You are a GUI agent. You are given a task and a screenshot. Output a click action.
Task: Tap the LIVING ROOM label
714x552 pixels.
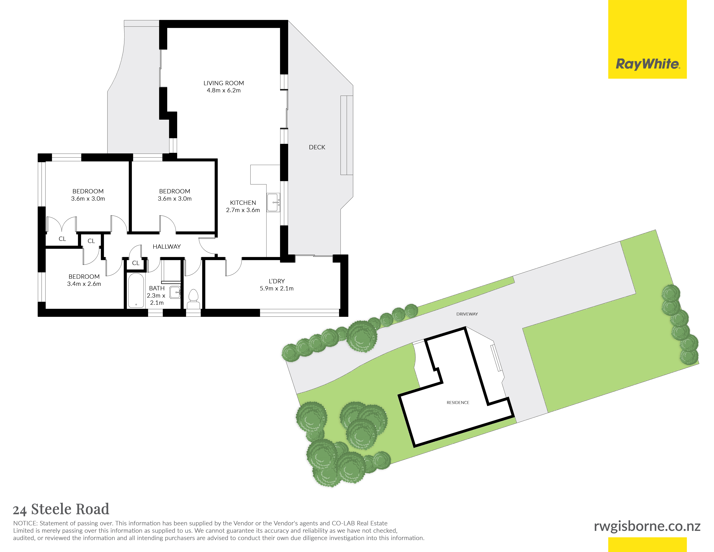click(224, 83)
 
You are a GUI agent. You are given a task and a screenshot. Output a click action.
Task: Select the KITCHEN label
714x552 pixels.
click(243, 203)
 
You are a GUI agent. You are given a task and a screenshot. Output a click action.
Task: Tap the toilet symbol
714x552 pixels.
click(193, 299)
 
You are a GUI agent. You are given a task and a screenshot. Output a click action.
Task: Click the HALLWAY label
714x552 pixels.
click(167, 247)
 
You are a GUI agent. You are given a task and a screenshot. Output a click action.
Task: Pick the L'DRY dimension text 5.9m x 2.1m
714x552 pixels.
click(277, 288)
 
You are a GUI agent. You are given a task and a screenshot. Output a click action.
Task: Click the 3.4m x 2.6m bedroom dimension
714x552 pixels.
click(84, 284)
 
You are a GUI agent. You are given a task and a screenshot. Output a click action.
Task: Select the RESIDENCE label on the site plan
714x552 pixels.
click(458, 403)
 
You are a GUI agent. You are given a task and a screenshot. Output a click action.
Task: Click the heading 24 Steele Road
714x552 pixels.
click(61, 509)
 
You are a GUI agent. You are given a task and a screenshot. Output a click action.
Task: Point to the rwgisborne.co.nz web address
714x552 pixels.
click(647, 526)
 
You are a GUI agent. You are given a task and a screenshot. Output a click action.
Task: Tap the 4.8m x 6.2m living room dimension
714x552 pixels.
click(224, 90)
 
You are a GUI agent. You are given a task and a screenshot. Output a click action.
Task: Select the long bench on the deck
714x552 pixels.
click(346, 135)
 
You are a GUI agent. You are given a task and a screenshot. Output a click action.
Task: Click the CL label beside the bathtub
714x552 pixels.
click(136, 263)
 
